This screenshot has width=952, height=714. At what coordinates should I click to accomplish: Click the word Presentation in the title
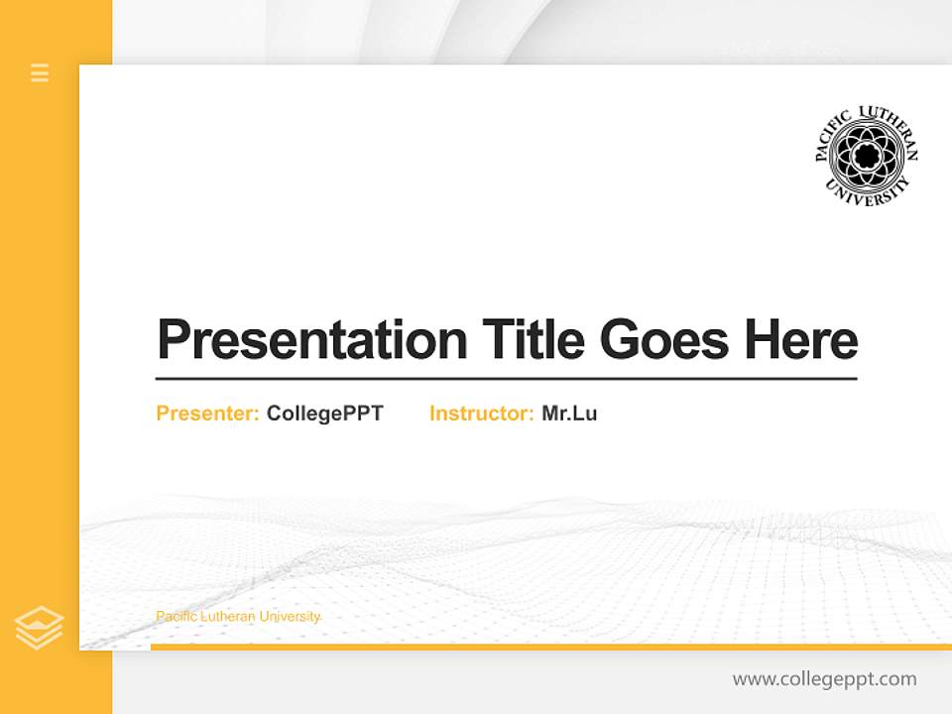point(312,340)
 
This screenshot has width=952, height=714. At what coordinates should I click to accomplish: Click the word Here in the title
point(801,340)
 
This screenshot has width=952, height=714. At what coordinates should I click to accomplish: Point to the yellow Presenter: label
point(208,414)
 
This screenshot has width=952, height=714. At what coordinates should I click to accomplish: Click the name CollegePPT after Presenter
point(325,414)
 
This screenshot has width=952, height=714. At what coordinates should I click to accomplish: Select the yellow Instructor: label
point(482,414)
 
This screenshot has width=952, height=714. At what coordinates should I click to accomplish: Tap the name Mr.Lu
point(569,414)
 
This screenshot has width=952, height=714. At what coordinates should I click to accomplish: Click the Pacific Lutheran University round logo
point(867,156)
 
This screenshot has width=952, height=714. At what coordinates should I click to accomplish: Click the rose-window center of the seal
point(867,156)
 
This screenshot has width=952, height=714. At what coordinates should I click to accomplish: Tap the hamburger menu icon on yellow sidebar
point(40,72)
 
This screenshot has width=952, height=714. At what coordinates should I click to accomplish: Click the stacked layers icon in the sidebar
point(40,628)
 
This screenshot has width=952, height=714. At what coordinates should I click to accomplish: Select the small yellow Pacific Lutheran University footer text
point(238,617)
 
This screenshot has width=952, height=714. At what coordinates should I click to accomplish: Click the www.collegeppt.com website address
point(824,679)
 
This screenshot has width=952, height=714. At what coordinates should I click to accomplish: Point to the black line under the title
point(506,379)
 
